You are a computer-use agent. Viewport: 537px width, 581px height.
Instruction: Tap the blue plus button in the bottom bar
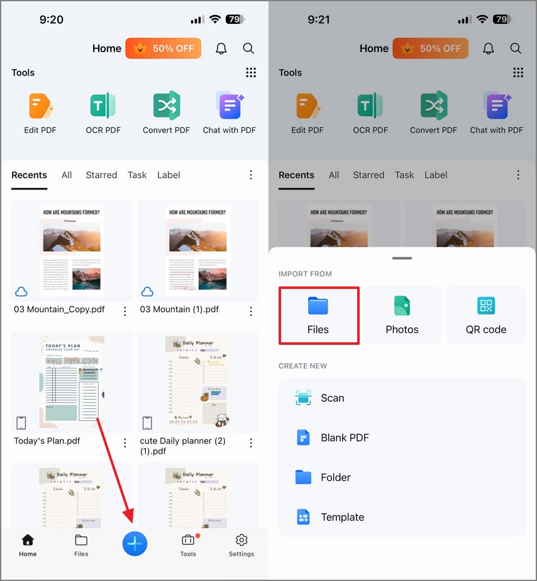[135, 543]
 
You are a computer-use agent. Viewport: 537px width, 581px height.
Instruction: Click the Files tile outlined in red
[318, 315]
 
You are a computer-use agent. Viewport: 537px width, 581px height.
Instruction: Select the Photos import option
[402, 315]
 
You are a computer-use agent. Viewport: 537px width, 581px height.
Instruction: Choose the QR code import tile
[485, 315]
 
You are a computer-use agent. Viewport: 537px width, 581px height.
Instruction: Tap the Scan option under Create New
[332, 398]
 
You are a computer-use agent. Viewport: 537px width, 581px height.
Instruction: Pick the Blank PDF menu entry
[345, 438]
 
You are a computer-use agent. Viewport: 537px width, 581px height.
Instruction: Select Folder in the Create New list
[335, 477]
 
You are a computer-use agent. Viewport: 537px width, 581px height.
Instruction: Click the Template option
[342, 517]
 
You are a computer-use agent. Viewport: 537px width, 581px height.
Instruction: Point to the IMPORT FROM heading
[305, 274]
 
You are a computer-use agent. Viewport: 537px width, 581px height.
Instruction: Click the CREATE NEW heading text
[303, 366]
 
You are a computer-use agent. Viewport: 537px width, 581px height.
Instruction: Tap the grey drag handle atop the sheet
[402, 258]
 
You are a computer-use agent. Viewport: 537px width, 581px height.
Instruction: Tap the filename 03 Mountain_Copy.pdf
[59, 309]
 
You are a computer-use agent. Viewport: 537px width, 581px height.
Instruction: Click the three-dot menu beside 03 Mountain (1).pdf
[251, 311]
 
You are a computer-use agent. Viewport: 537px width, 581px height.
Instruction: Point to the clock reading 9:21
[319, 19]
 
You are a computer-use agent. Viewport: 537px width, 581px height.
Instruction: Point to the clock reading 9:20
[51, 19]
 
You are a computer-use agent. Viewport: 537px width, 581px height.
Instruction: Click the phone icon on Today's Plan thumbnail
[21, 422]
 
